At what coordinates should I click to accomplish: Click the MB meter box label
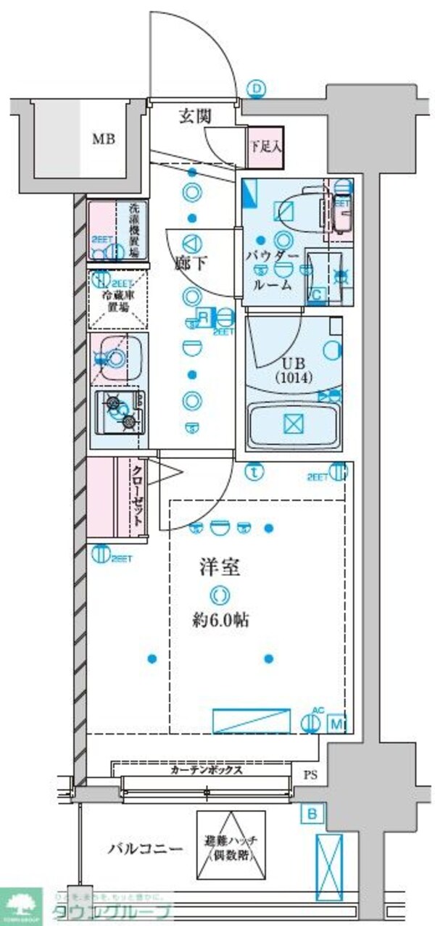click(102, 139)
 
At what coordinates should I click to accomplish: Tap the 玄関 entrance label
click(195, 115)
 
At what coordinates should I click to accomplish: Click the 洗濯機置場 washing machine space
click(117, 231)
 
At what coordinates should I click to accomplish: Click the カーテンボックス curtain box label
click(207, 769)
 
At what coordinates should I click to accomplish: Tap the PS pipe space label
click(310, 775)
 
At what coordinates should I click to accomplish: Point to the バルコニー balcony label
click(141, 847)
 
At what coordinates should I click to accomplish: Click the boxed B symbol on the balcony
click(312, 814)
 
